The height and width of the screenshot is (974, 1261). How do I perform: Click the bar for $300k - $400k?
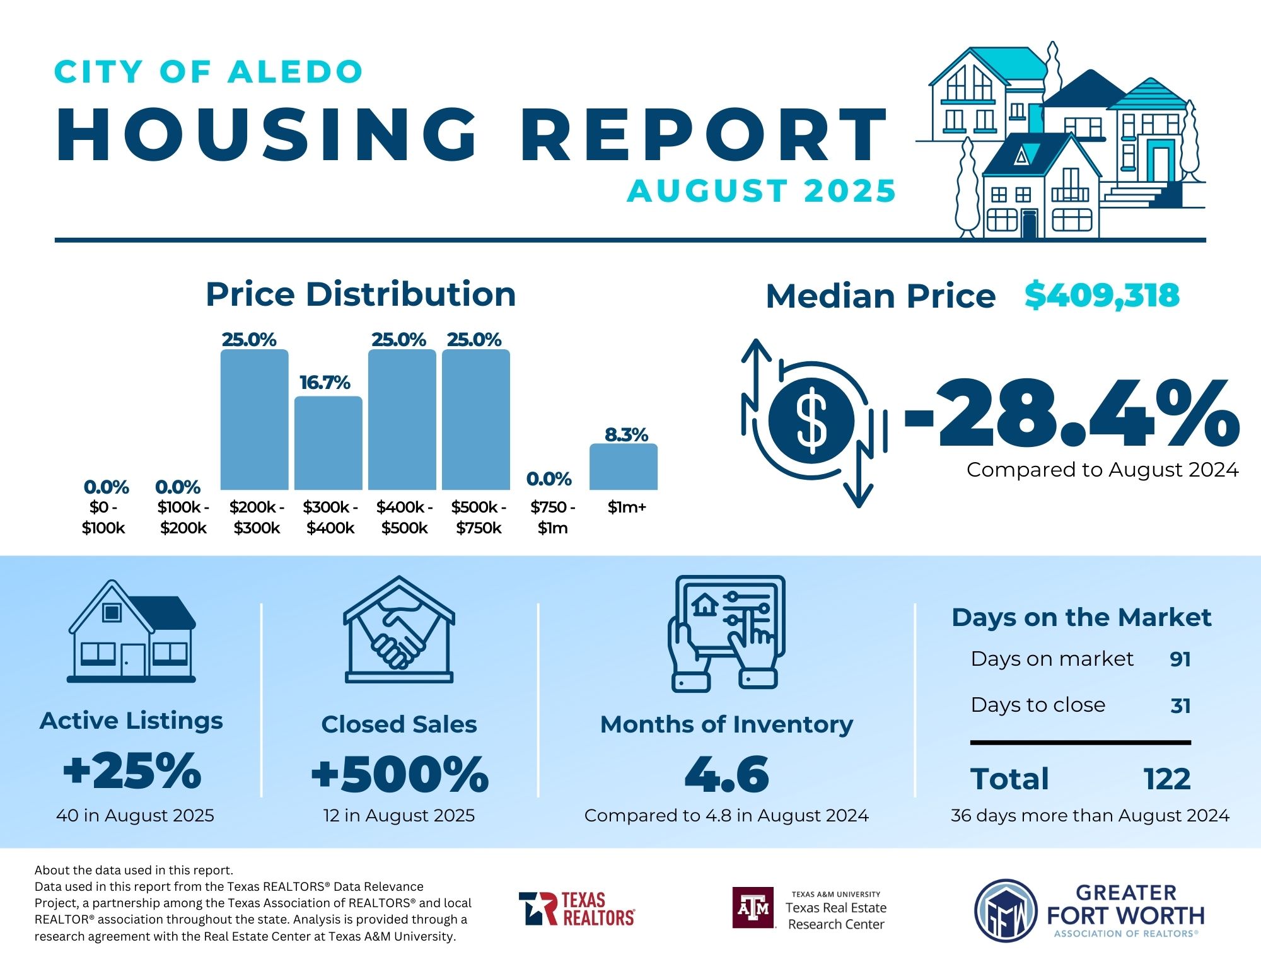click(328, 443)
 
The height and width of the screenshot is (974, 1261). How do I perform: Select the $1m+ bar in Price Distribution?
click(624, 467)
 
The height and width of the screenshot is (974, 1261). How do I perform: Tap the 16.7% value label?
click(325, 383)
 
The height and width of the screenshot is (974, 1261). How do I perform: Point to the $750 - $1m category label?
click(553, 518)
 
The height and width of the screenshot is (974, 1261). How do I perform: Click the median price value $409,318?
click(1101, 296)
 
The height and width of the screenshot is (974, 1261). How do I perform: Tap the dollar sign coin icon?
click(811, 420)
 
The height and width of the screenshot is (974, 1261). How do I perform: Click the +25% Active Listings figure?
click(132, 770)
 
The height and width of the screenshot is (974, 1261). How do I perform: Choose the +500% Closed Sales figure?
click(400, 774)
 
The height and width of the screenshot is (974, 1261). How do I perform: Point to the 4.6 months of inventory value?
click(726, 774)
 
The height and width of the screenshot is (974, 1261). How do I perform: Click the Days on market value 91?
click(1180, 659)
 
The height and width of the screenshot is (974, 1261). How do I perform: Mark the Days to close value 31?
click(1180, 705)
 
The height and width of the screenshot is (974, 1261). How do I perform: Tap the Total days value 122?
click(1167, 779)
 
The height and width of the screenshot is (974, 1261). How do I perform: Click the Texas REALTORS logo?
click(577, 908)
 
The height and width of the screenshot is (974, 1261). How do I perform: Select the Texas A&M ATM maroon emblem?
click(753, 908)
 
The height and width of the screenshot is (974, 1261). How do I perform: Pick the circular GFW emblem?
click(1006, 910)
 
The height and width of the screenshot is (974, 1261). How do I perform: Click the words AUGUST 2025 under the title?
click(761, 191)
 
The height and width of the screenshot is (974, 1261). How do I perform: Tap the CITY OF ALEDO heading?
click(209, 72)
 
